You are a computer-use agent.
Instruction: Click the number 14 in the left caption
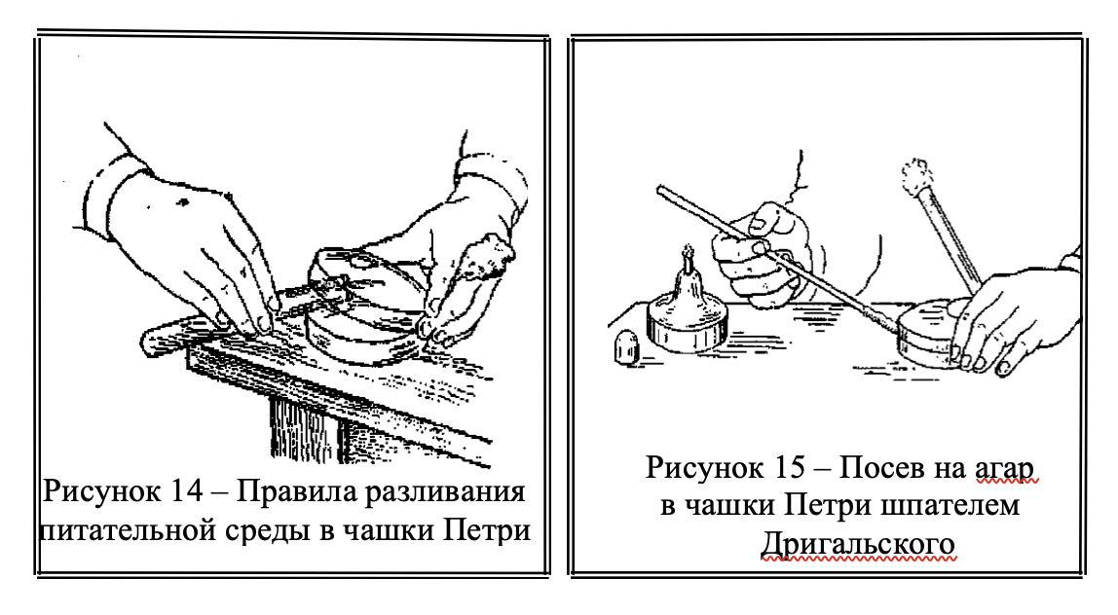[x=187, y=491]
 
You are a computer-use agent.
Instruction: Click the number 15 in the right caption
[x=788, y=467]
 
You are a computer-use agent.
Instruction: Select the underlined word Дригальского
[x=858, y=544]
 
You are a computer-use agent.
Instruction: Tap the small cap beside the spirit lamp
[x=625, y=347]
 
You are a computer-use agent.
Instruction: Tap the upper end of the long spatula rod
[x=660, y=190]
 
